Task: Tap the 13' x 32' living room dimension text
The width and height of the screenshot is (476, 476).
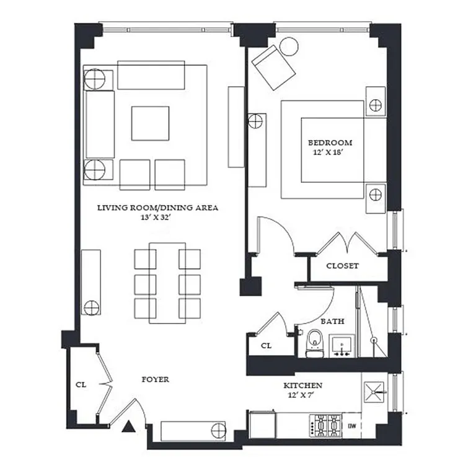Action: pos(157,218)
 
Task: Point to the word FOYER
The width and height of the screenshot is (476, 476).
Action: pos(155,379)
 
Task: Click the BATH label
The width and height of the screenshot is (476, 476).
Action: pos(332,322)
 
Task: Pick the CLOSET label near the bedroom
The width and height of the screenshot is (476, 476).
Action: pos(342,266)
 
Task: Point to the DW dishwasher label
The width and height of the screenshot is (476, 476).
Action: pos(351,426)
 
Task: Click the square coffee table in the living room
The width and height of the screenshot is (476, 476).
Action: pos(150,123)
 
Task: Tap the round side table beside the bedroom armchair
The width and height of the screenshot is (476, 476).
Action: pos(288,47)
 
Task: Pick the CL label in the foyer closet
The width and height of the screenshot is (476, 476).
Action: pos(81,384)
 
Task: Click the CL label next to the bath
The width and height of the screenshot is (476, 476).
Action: pos(266,346)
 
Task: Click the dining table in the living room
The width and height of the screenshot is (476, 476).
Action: pos(167,283)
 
